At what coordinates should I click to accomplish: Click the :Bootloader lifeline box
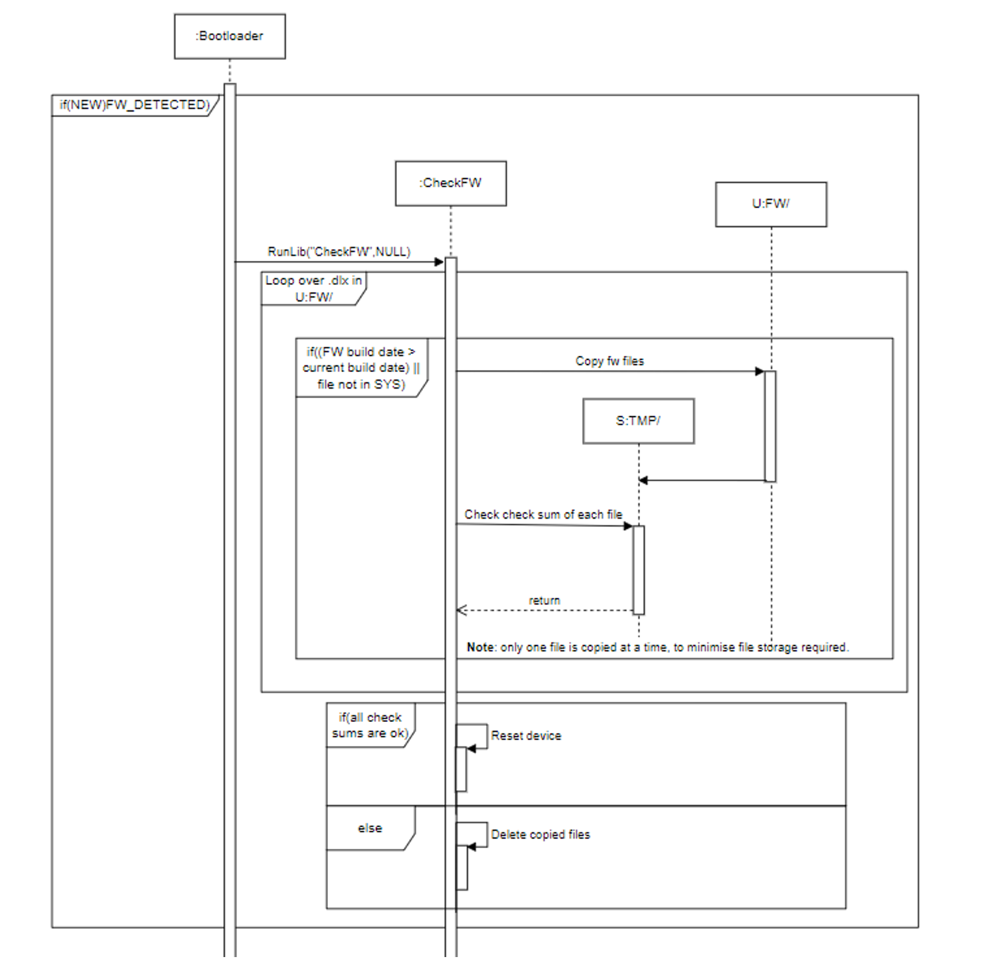click(230, 37)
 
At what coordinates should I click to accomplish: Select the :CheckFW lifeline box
click(451, 183)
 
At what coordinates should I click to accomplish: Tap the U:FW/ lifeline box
click(771, 205)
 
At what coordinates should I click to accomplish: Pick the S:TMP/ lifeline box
click(638, 421)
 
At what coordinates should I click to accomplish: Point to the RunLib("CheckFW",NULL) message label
click(339, 252)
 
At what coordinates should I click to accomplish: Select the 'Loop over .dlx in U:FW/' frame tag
click(313, 289)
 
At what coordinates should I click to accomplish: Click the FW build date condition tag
click(361, 368)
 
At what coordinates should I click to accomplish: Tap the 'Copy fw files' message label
click(610, 361)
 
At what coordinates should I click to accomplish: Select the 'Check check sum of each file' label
click(543, 515)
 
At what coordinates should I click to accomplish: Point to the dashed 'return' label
click(544, 600)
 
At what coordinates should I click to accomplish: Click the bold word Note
click(481, 648)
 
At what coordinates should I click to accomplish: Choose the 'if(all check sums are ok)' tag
click(370, 725)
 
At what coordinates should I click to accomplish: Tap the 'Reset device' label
click(526, 736)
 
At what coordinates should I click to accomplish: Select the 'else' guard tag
click(370, 828)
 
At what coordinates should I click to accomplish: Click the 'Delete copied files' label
click(540, 835)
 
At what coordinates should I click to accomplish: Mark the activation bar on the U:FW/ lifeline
click(770, 426)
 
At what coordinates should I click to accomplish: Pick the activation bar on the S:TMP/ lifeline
click(639, 570)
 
